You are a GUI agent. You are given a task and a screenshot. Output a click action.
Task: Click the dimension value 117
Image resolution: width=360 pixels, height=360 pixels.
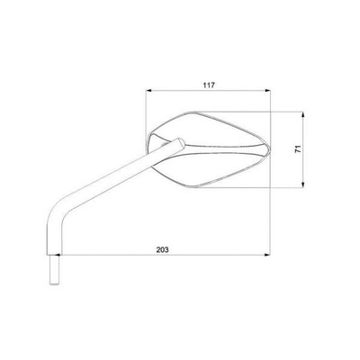coord(209,85)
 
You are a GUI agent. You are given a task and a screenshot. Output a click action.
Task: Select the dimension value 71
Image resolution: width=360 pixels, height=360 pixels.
coord(298,149)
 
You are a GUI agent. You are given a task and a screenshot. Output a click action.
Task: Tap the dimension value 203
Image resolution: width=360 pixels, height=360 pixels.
coord(162,249)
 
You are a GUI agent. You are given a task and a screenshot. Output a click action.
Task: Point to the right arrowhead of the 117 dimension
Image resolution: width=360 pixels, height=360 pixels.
coord(267,90)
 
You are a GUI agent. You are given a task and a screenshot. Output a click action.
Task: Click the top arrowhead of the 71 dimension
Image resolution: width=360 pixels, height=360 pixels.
coord(303,114)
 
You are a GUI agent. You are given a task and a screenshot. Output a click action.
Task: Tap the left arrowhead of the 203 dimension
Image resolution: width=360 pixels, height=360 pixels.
coord(58,255)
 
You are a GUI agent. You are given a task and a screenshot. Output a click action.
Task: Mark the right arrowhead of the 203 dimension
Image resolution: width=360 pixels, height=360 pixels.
coord(267,255)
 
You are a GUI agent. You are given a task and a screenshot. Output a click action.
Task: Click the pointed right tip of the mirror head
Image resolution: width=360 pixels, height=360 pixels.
coord(270,148)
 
